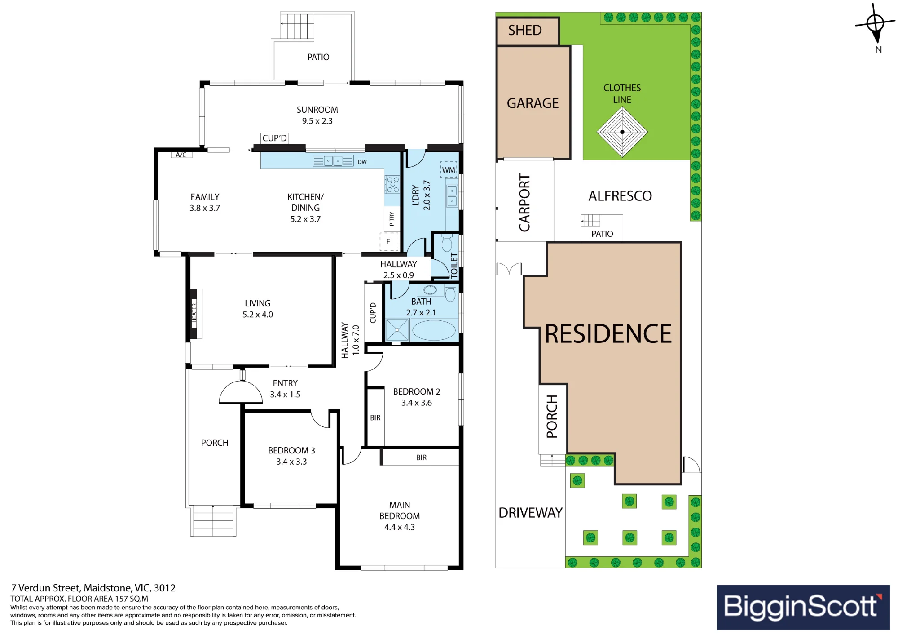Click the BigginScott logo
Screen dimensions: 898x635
(803, 607)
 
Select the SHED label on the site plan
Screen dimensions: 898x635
(525, 30)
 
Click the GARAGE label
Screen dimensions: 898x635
(533, 103)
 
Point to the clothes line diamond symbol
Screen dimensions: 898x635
(622, 132)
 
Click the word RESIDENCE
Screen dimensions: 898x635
(608, 334)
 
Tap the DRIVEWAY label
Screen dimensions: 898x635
(530, 513)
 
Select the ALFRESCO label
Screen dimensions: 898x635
(620, 196)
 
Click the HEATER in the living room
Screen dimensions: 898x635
(194, 313)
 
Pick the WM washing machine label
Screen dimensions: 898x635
(449, 170)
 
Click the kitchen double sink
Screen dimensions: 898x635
(333, 161)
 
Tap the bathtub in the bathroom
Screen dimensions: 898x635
(434, 330)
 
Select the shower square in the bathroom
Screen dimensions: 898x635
(397, 330)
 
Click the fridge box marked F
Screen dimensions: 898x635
(389, 241)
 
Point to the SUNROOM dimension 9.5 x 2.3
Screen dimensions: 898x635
(317, 121)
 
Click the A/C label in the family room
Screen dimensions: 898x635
(181, 155)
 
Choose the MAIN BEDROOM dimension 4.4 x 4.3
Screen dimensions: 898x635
(400, 527)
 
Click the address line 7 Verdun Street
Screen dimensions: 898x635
(93, 588)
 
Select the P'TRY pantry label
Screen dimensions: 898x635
(392, 219)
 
